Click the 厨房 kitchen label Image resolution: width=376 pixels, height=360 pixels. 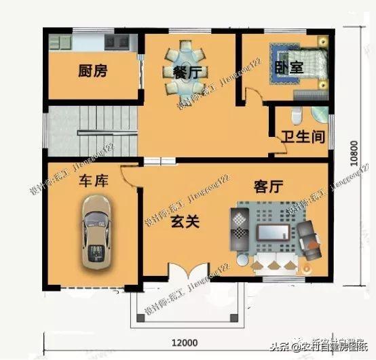tap(93, 71)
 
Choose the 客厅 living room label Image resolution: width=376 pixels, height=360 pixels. tap(267, 185)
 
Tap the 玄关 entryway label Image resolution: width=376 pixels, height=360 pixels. tap(184, 221)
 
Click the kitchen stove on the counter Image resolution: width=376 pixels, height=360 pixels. tap(117, 41)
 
